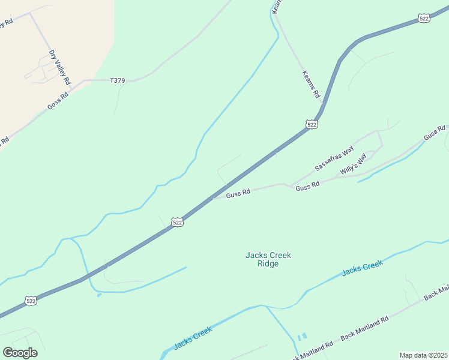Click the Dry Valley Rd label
(60, 67)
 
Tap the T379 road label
(118, 80)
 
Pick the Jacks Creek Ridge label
(268, 259)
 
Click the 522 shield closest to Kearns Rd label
(311, 124)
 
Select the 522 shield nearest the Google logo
(32, 300)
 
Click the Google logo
(20, 353)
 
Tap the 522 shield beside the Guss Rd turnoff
(177, 222)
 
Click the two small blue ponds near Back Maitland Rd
(301, 337)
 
